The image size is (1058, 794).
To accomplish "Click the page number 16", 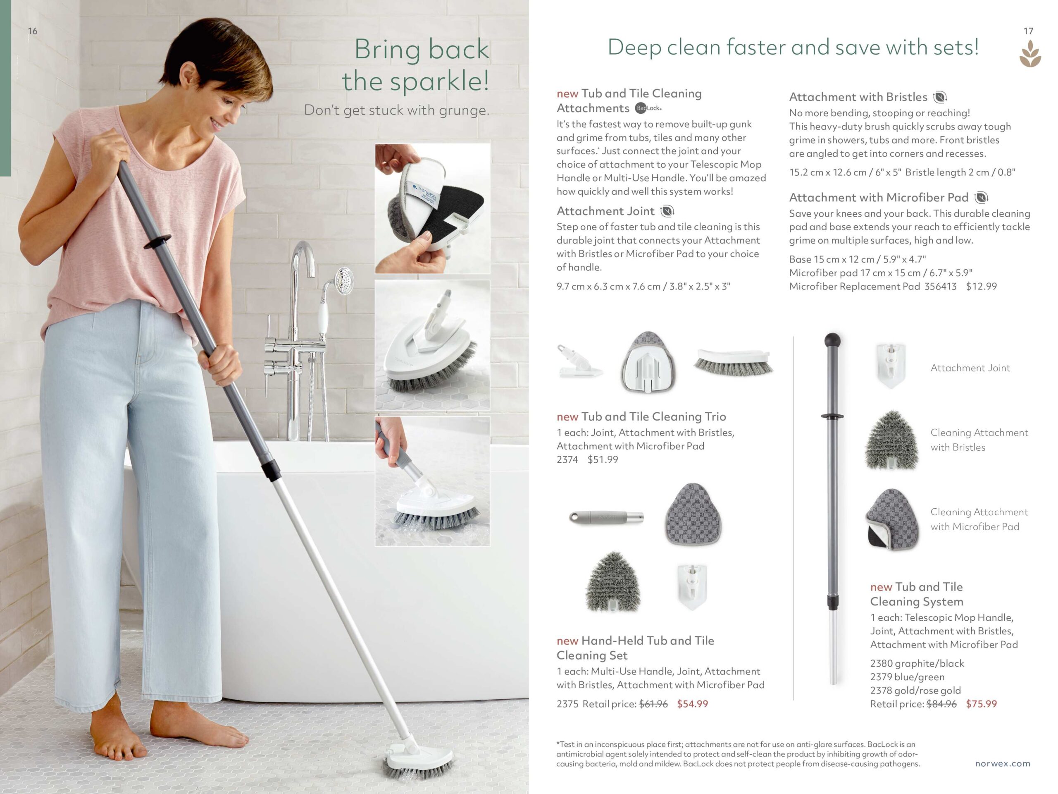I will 33,31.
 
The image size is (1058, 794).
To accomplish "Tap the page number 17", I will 1028,31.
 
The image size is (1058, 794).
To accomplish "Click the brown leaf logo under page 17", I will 1030,54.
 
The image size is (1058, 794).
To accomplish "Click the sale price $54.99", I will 692,703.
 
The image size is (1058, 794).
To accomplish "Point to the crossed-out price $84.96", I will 941,703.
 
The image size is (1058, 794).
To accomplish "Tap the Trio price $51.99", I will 603,459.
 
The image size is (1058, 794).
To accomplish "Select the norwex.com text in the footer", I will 1003,763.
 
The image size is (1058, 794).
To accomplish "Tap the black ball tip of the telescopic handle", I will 832,340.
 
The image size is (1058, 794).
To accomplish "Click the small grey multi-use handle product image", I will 606,517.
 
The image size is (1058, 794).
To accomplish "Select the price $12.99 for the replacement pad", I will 981,286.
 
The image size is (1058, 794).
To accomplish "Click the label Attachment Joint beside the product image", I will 970,368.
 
